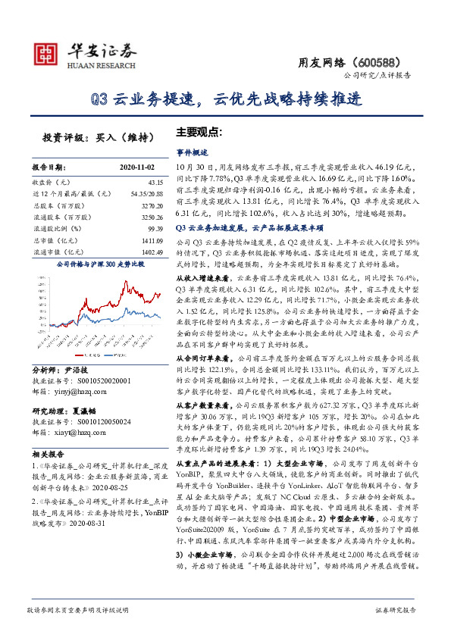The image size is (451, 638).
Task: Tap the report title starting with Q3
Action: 224,99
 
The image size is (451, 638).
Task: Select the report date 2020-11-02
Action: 137,166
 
